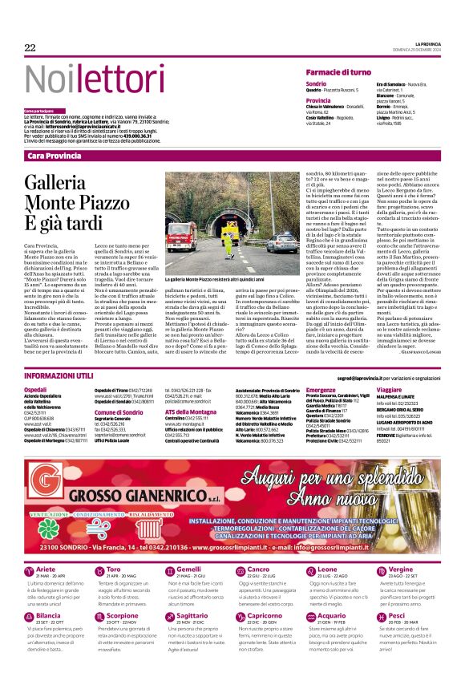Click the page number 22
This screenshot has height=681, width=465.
pos(30,48)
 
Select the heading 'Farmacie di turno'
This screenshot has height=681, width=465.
pos(335,72)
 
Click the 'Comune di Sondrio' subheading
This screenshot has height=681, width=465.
pos(119,411)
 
